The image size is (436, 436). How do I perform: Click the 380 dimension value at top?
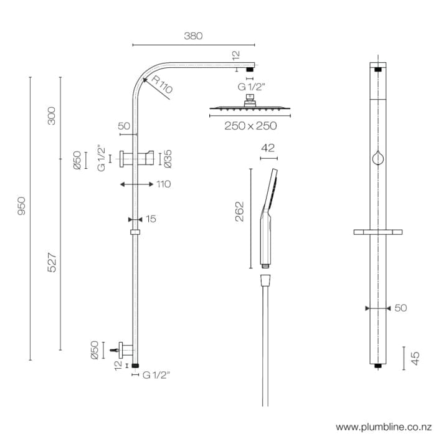point(193,36)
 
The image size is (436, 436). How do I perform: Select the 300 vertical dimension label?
point(52,115)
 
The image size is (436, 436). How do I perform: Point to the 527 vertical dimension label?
point(52,262)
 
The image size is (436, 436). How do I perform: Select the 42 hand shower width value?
point(268,148)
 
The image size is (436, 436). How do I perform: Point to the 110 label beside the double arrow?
point(164,184)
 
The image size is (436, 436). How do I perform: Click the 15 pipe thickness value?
point(151,219)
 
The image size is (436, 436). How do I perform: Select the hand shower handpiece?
point(268,218)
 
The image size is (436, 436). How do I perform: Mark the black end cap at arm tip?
point(250,69)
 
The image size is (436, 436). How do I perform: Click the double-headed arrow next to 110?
point(136,184)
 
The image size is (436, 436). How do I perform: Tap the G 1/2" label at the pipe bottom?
point(156,375)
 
